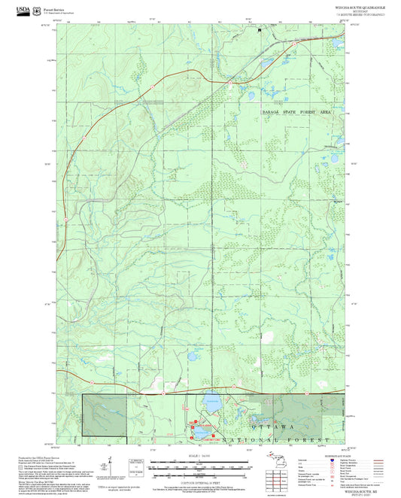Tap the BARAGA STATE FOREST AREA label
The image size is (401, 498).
pyautogui.click(x=296, y=111)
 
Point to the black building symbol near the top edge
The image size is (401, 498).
pyautogui.click(x=260, y=31)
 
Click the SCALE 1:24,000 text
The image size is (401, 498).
pyautogui.click(x=200, y=456)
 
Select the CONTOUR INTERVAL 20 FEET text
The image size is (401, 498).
pyautogui.click(x=200, y=483)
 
